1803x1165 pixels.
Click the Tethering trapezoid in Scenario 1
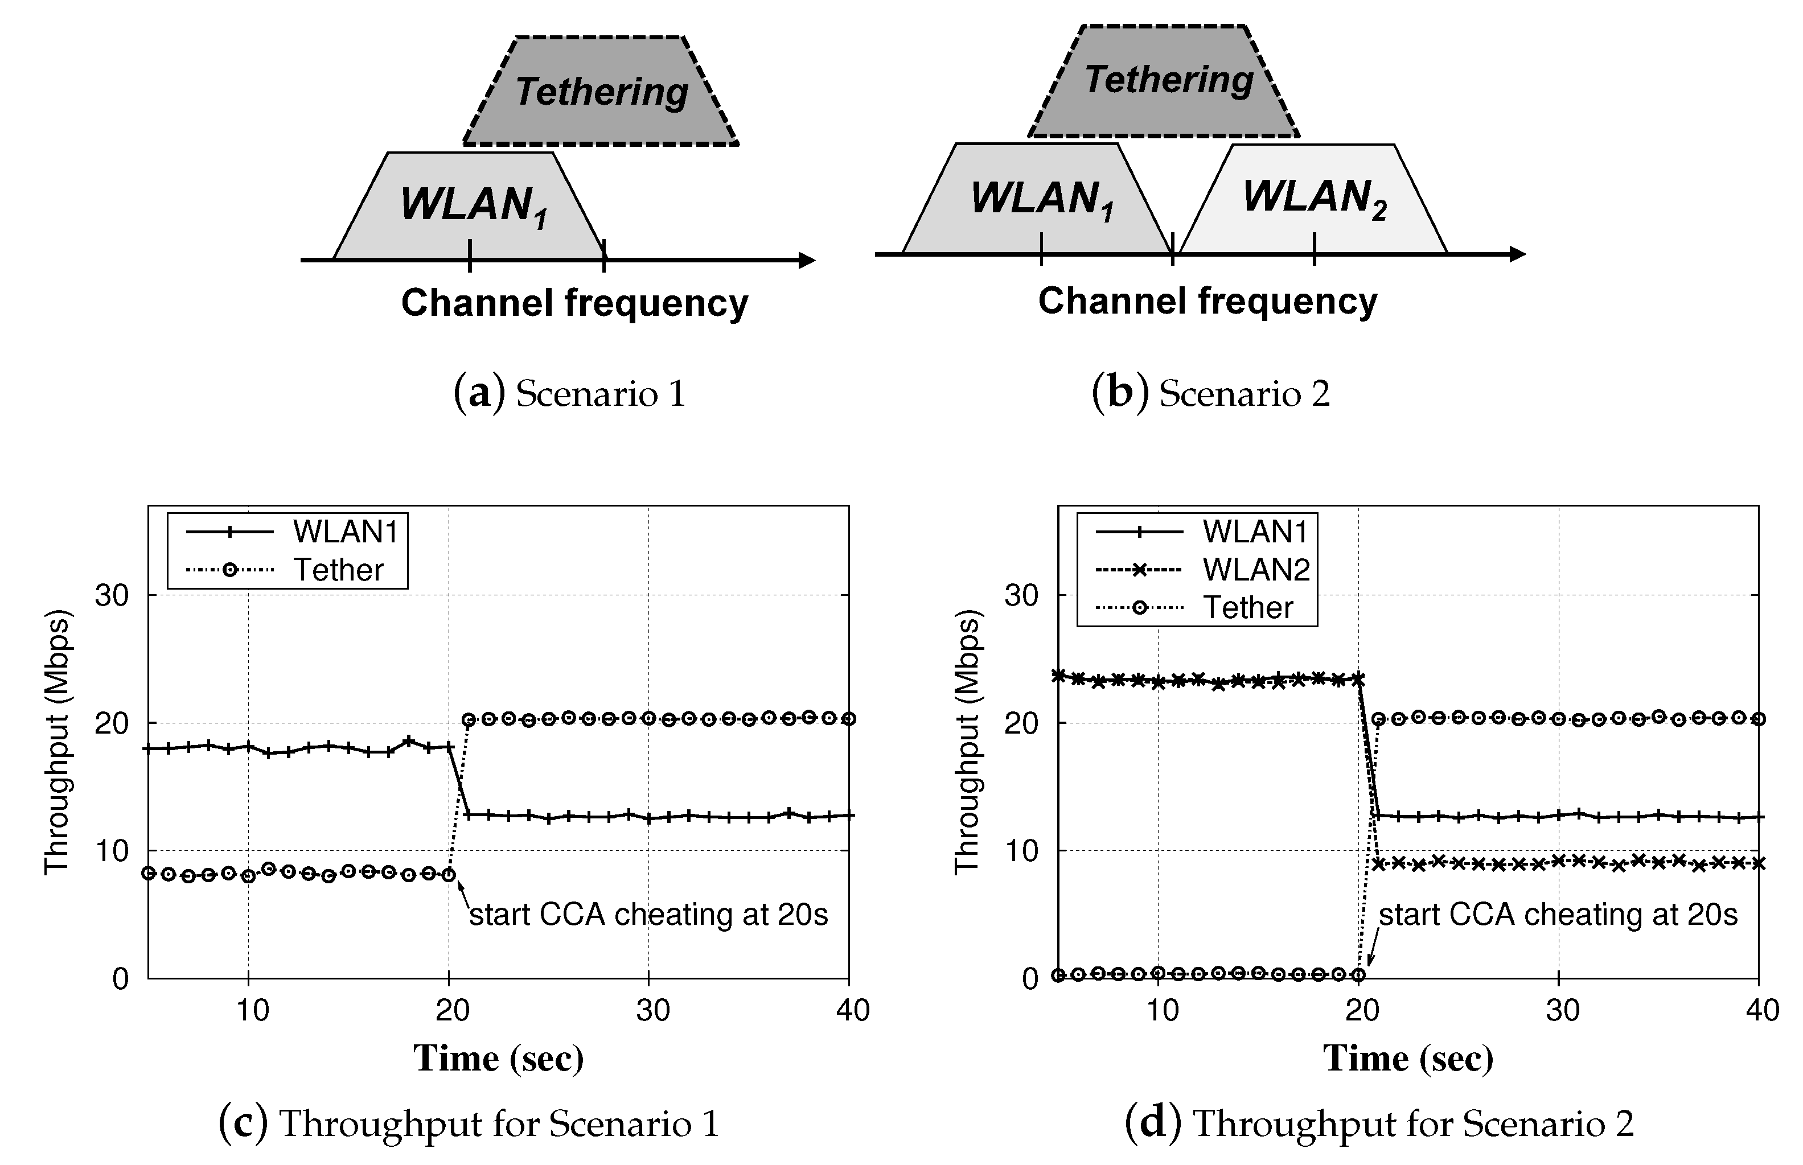pyautogui.click(x=601, y=92)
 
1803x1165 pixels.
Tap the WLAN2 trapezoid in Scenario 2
pyautogui.click(x=1313, y=198)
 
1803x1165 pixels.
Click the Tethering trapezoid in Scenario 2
pyautogui.click(x=1165, y=81)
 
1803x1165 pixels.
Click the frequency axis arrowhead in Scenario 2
pyautogui.click(x=1517, y=254)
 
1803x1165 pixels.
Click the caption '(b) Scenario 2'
pyautogui.click(x=1210, y=393)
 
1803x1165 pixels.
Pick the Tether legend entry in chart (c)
pyautogui.click(x=288, y=570)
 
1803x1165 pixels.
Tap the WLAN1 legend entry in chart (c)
pyautogui.click(x=291, y=532)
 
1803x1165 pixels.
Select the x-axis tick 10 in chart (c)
pyautogui.click(x=252, y=1010)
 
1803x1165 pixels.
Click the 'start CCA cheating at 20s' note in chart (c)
pyautogui.click(x=648, y=915)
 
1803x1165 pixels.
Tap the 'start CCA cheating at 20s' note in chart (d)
pyautogui.click(x=1558, y=915)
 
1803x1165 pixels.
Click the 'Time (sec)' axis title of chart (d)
pyautogui.click(x=1407, y=1059)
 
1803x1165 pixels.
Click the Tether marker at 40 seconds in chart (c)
pyautogui.click(x=849, y=719)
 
